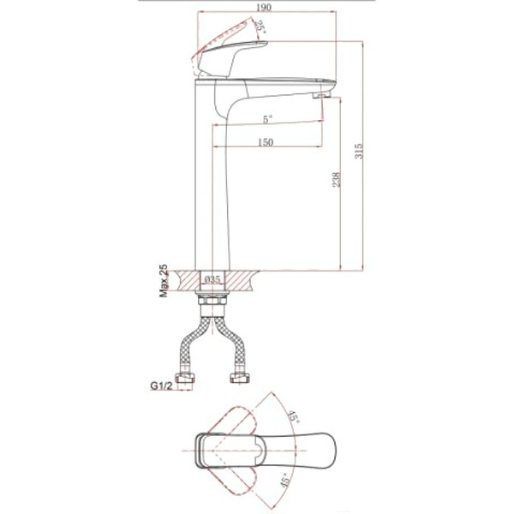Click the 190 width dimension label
coord(264,7)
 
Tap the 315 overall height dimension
coord(359,151)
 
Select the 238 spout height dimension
coord(337,180)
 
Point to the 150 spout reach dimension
coord(266,142)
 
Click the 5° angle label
coord(268,119)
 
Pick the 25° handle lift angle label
coord(260,27)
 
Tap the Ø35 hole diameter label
coord(212,279)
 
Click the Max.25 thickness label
coord(164,281)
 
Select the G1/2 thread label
coord(161,385)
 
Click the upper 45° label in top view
coord(293,416)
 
